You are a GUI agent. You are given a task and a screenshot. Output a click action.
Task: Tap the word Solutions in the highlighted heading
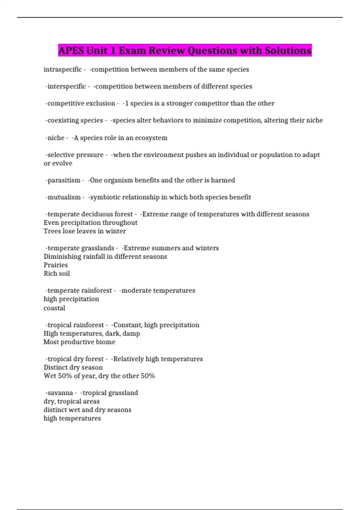point(288,50)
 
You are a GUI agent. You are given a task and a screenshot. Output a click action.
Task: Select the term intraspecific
point(63,69)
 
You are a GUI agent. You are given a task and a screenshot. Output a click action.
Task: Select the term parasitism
point(64,180)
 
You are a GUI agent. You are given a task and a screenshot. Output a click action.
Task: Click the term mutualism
point(64,197)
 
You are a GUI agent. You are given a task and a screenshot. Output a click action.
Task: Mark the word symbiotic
point(104,197)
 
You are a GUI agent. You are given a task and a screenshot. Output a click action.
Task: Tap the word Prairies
point(56,265)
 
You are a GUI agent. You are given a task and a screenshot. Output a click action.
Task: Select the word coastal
point(54,308)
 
